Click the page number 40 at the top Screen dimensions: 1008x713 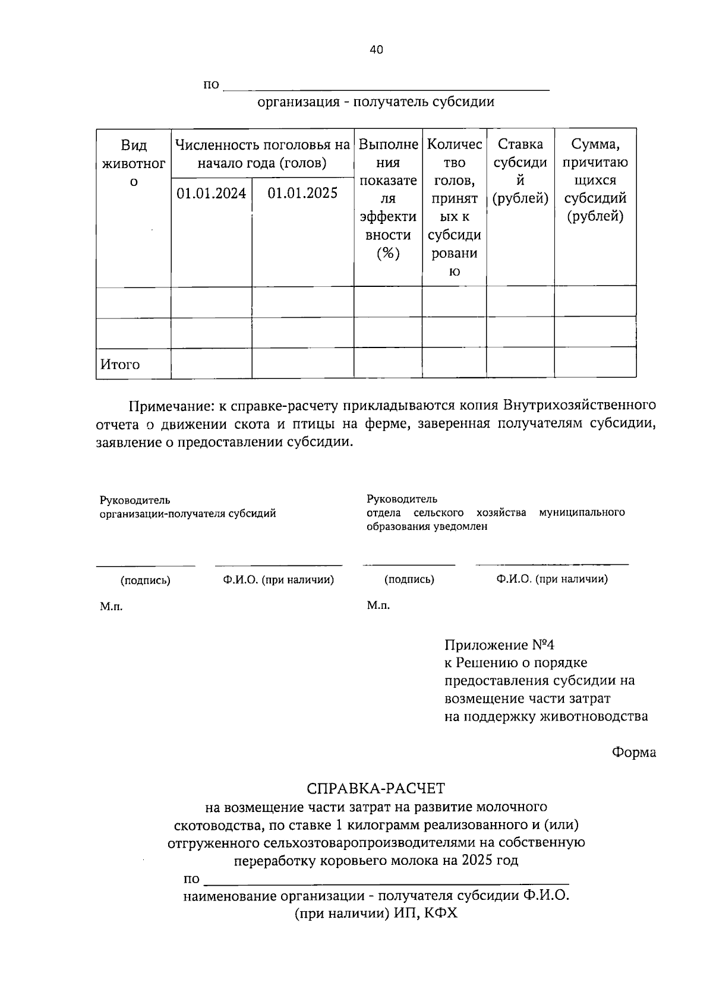(376, 50)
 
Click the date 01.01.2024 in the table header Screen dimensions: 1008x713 (211, 193)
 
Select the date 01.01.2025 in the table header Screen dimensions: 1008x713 (302, 193)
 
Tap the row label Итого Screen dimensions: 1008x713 (120, 364)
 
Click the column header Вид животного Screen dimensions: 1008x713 (134, 163)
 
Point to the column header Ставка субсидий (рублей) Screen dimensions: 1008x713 (520, 171)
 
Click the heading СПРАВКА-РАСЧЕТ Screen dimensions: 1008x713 (376, 788)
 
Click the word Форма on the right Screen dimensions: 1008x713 (634, 752)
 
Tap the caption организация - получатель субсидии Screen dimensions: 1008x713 (376, 102)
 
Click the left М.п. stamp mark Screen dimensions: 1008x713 (111, 606)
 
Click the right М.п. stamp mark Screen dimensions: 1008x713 (378, 605)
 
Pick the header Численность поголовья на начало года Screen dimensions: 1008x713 (262, 153)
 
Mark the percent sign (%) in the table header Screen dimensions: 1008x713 (387, 254)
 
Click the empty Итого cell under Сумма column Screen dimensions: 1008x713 (595, 363)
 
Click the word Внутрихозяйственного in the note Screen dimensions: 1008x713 (579, 406)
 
